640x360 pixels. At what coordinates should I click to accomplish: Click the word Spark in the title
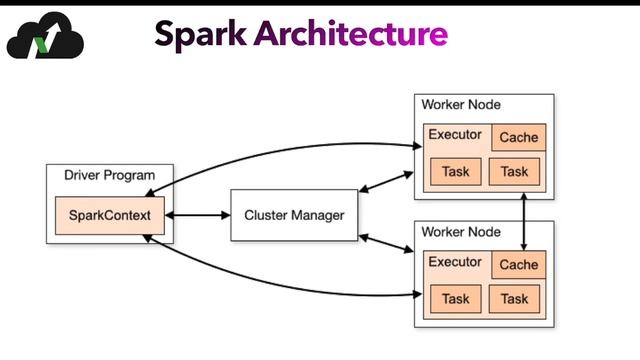[x=199, y=34]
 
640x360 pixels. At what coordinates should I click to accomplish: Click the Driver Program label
[x=103, y=175]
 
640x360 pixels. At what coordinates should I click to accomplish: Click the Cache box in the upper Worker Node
[x=518, y=138]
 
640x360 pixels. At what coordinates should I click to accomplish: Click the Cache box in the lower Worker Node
[x=518, y=265]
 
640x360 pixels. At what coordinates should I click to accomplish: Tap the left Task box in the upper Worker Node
[x=455, y=172]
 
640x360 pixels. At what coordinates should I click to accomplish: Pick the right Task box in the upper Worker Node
[x=514, y=172]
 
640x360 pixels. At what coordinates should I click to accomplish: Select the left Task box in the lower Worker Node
[x=455, y=299]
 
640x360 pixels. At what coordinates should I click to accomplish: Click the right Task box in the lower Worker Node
[x=514, y=299]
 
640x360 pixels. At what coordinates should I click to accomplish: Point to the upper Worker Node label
[x=461, y=104]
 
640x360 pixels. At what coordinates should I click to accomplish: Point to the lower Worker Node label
[x=461, y=231]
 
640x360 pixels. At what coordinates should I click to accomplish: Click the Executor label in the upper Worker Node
[x=455, y=135]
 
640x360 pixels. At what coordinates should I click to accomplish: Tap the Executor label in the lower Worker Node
[x=455, y=262]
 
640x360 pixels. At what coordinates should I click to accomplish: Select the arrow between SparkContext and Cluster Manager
[x=196, y=215]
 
